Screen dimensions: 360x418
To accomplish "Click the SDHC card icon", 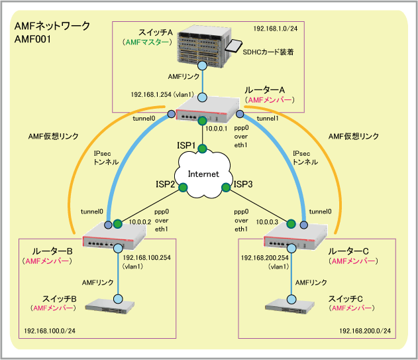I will [233, 46].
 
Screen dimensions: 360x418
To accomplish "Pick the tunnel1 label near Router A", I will [268, 118].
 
